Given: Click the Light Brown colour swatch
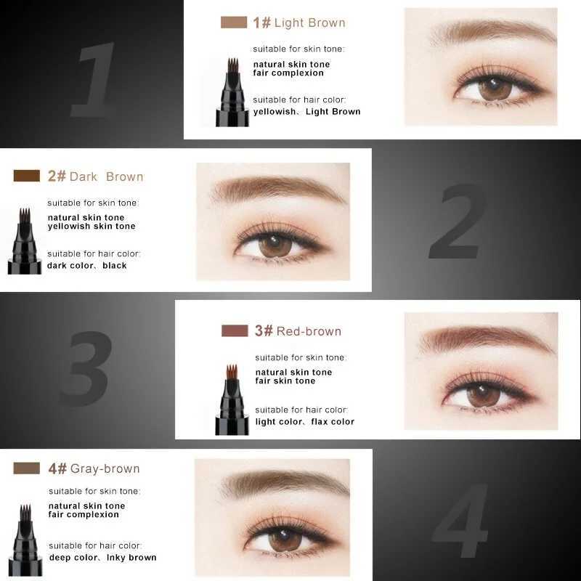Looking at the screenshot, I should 234,23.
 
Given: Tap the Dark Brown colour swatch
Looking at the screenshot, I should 26,176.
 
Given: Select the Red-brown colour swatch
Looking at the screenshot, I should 235,330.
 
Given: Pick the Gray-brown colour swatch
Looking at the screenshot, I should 26,468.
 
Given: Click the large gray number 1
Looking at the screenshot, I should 93,80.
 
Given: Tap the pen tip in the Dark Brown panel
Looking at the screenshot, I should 24,216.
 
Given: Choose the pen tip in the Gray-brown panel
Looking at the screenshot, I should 24,513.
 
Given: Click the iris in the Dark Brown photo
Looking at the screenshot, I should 275,245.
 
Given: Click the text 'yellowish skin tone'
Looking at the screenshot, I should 92,227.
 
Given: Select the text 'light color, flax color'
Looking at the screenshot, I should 305,422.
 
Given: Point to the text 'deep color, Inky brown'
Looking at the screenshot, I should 102,558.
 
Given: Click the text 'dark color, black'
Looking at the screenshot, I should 87,266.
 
